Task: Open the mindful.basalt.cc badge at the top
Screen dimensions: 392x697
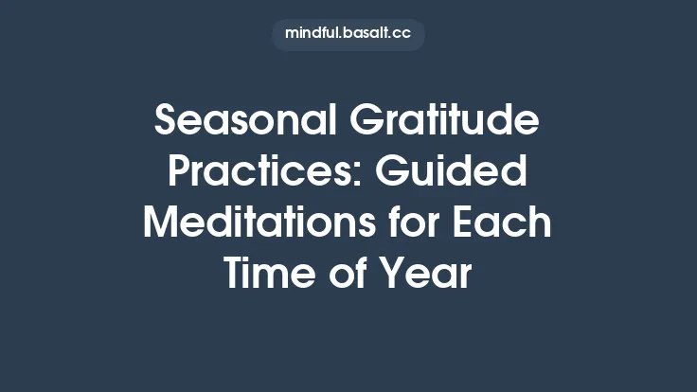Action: [348, 34]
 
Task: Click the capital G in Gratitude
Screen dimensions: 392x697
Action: [367, 122]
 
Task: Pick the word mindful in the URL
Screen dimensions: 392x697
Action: [312, 34]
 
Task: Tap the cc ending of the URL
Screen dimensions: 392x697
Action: [402, 34]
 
